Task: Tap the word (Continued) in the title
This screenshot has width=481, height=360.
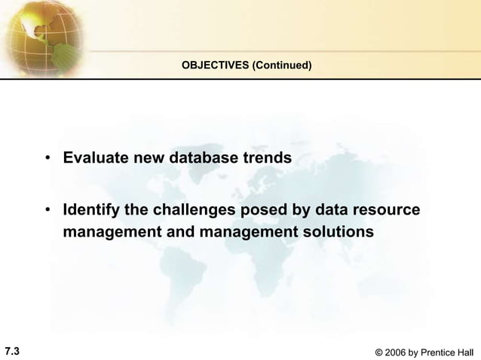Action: tap(282, 66)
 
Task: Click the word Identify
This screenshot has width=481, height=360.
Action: tap(93, 209)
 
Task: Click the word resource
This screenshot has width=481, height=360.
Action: tap(383, 209)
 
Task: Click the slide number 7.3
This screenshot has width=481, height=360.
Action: tap(12, 349)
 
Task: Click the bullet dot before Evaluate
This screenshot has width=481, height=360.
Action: tap(48, 160)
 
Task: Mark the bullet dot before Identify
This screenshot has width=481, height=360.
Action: tap(48, 209)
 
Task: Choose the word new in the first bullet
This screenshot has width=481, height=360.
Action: tap(149, 159)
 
